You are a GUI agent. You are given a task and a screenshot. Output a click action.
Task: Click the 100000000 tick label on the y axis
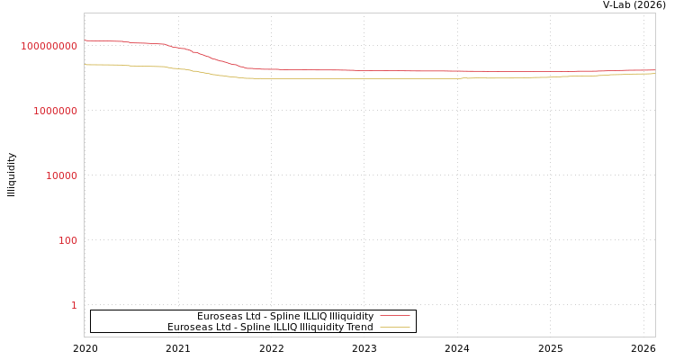pos(49,46)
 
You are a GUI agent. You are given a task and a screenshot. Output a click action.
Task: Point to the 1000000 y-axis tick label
pos(56,111)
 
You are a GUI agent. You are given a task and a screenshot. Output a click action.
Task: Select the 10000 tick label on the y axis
pos(61,175)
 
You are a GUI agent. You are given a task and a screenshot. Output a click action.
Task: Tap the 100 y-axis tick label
pos(68,240)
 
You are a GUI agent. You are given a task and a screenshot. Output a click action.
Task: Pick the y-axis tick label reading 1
pos(74,305)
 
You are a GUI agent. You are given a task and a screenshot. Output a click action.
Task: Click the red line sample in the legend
pos(394,316)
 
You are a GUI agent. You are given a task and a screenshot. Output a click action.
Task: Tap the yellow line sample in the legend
pos(394,327)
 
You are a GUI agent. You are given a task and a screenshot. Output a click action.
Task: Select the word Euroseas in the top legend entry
pos(218,316)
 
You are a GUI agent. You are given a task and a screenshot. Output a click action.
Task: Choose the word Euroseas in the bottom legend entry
pos(188,327)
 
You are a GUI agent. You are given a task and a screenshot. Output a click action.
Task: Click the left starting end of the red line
pos(85,40)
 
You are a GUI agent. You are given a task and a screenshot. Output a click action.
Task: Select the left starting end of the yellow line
pos(85,65)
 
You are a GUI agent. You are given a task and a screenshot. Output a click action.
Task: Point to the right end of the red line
pos(654,70)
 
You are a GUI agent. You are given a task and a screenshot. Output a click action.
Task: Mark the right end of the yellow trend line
pos(654,74)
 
